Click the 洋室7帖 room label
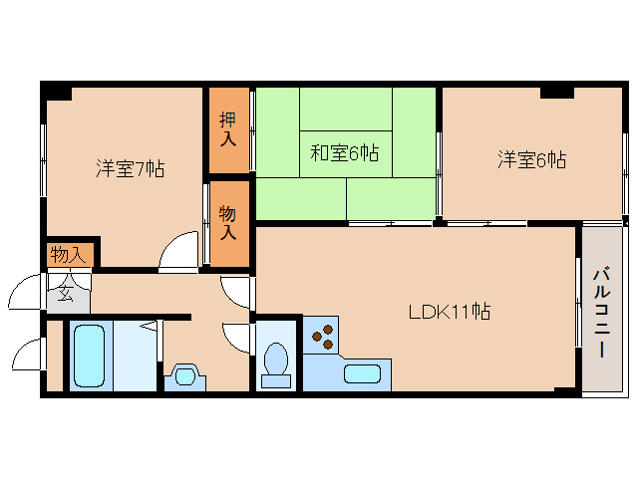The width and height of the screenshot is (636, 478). (130, 168)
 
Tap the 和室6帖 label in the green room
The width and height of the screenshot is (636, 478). (344, 153)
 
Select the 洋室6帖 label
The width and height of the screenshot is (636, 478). (532, 159)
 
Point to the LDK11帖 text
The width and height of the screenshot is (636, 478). (449, 312)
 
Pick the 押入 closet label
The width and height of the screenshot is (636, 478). (228, 129)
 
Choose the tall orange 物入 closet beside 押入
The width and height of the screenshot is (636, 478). (228, 222)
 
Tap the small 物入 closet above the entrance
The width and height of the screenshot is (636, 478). (69, 255)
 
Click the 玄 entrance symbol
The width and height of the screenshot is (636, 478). (65, 295)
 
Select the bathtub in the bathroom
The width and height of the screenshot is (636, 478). (89, 357)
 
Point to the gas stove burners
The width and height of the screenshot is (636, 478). (324, 338)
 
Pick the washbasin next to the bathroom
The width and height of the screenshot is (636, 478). (183, 376)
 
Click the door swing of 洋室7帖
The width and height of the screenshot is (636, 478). (179, 250)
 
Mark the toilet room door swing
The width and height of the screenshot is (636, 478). (237, 338)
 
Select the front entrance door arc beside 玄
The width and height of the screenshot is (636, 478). (23, 294)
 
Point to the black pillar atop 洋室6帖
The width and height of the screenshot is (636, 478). (557, 92)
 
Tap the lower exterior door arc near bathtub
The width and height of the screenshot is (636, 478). (24, 356)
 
